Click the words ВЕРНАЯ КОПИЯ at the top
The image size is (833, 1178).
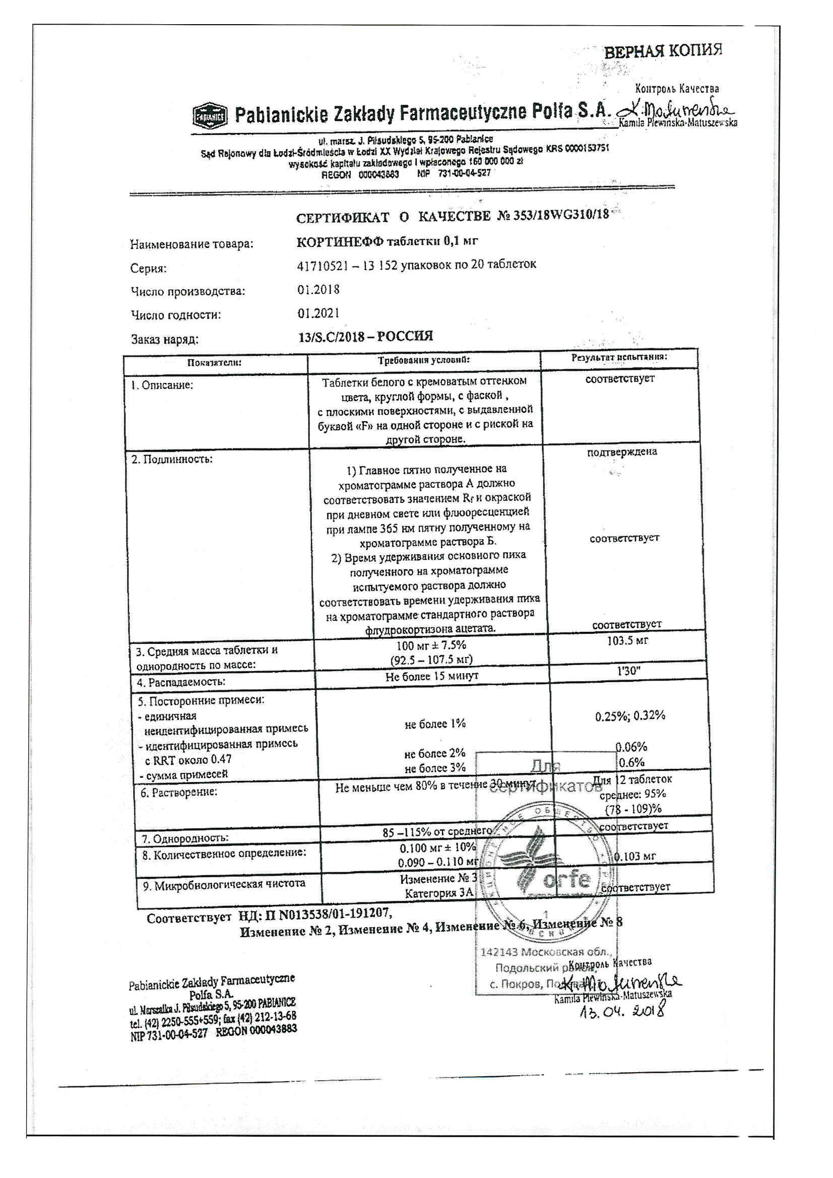[x=663, y=51]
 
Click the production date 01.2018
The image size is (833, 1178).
[x=318, y=289]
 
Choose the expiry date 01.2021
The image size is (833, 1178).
[x=318, y=313]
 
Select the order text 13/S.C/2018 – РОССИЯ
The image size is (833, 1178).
[x=365, y=337]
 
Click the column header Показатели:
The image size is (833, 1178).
[x=215, y=363]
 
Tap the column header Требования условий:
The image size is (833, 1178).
[x=423, y=360]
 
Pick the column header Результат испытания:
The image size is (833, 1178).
[x=619, y=357]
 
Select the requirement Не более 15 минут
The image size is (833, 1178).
[x=431, y=676]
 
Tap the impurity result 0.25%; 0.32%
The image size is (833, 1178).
[x=630, y=716]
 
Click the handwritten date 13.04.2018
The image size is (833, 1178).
[x=622, y=1010]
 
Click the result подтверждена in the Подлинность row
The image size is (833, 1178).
[x=621, y=452]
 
